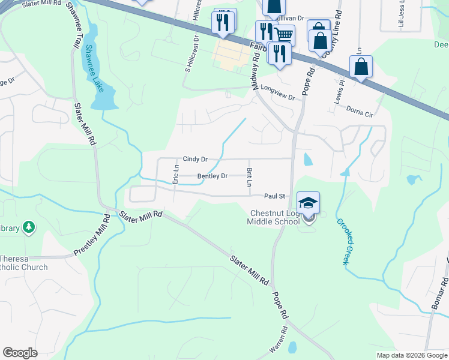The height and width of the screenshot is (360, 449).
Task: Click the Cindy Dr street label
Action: [x=195, y=159]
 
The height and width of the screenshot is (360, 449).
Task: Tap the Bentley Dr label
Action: [x=212, y=176]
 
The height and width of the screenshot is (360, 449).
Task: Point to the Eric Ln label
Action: [x=176, y=173]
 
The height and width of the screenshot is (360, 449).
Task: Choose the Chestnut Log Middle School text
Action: [x=274, y=218]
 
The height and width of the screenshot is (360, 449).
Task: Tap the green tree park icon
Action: [x=28, y=227]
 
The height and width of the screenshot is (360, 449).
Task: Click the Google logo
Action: [x=20, y=353]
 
